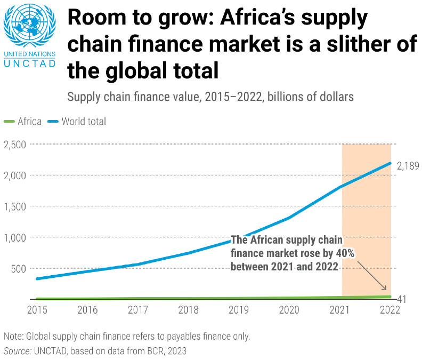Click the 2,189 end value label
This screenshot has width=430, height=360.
click(408, 166)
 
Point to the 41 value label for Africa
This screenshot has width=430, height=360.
click(402, 299)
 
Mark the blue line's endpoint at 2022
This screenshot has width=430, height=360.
click(391, 163)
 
